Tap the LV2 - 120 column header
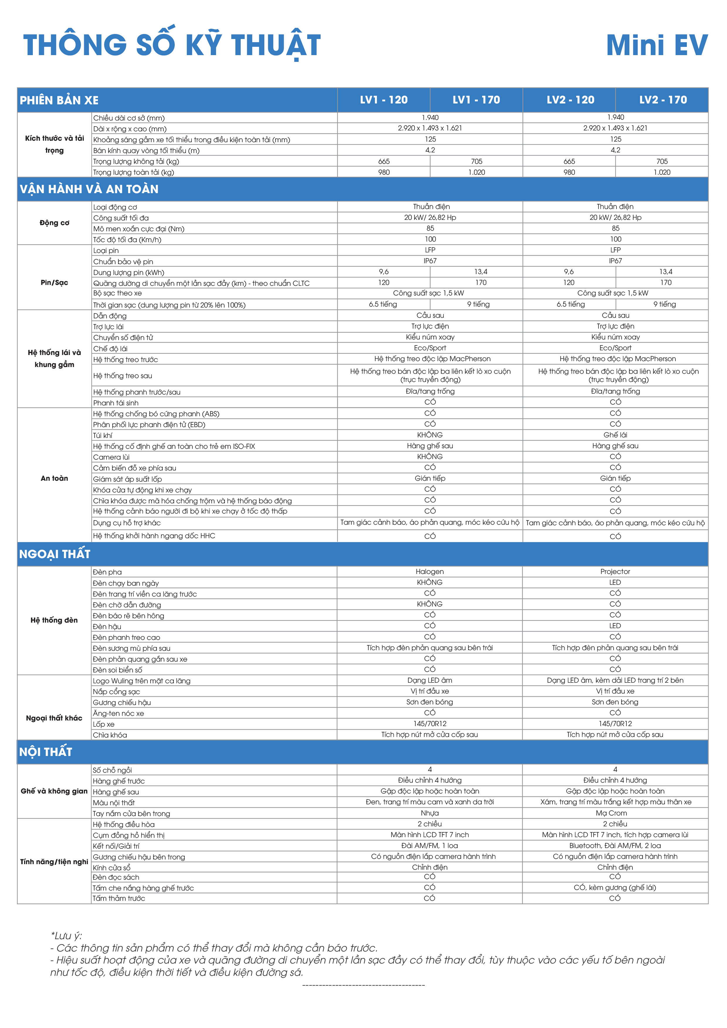(570, 100)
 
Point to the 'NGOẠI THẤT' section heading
(55, 554)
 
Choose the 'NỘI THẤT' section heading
(46, 752)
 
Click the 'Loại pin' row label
(106, 251)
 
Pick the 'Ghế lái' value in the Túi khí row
(615, 435)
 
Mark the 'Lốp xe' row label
(104, 724)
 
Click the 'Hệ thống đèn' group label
(54, 620)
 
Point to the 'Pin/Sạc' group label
(54, 283)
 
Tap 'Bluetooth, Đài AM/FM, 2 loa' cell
(615, 846)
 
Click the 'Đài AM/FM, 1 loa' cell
(429, 846)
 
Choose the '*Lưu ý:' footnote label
(66, 936)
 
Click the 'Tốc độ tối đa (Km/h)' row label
(127, 239)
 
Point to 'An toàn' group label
(54, 478)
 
